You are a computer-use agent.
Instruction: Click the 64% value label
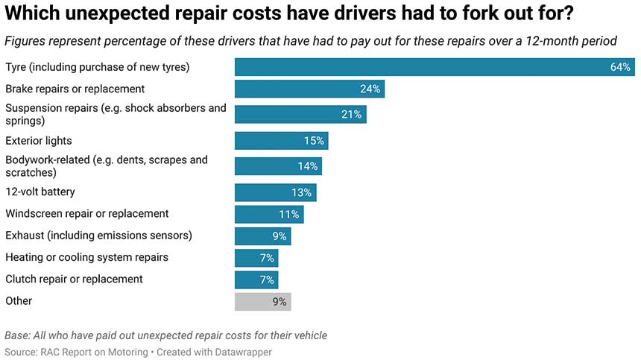pos(621,67)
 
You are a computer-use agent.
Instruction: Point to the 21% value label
pos(352,114)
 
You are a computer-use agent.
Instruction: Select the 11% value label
pos(290,215)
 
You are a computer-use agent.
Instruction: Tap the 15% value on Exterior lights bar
pos(314,141)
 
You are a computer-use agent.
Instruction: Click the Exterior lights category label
pos(39,141)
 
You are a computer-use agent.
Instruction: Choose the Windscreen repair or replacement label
pos(87,214)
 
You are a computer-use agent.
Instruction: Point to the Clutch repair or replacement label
pos(74,280)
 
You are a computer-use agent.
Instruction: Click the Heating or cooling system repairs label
pos(86,258)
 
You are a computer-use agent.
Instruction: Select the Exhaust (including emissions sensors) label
pos(98,236)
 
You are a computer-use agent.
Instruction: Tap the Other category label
pos(19,301)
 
